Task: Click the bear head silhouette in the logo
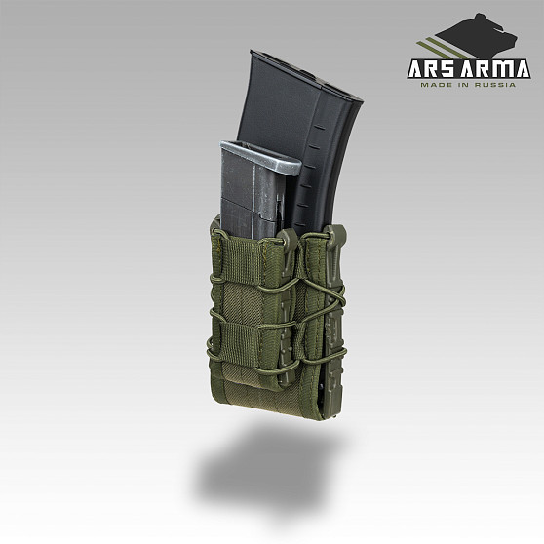pyautogui.click(x=479, y=38)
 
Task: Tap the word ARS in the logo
pyautogui.click(x=433, y=68)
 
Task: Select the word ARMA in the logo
pyautogui.click(x=496, y=68)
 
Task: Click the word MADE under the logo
pyautogui.click(x=433, y=85)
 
